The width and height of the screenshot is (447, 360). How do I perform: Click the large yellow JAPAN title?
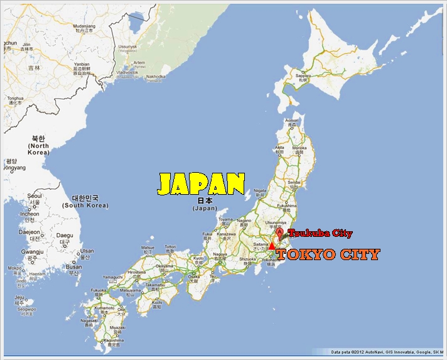click(x=200, y=183)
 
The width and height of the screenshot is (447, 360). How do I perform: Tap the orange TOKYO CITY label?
click(x=328, y=254)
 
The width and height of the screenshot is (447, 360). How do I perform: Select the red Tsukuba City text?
click(x=320, y=234)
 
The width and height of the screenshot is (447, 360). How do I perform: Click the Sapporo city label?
click(x=303, y=74)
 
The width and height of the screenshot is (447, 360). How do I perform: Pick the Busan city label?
click(x=74, y=266)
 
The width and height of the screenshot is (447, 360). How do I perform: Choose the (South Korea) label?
click(x=85, y=205)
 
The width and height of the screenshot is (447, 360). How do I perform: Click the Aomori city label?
click(x=292, y=120)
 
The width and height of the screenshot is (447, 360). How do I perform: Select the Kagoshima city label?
click(x=112, y=339)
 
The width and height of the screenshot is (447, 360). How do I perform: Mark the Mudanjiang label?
click(x=83, y=25)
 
